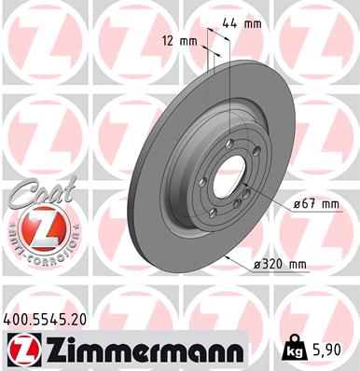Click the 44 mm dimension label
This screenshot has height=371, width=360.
tap(244, 24)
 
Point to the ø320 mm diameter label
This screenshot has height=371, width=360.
tap(281, 266)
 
